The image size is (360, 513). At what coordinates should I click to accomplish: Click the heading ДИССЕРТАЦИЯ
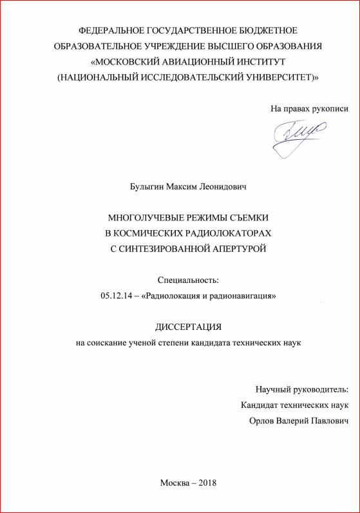point(187,327)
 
